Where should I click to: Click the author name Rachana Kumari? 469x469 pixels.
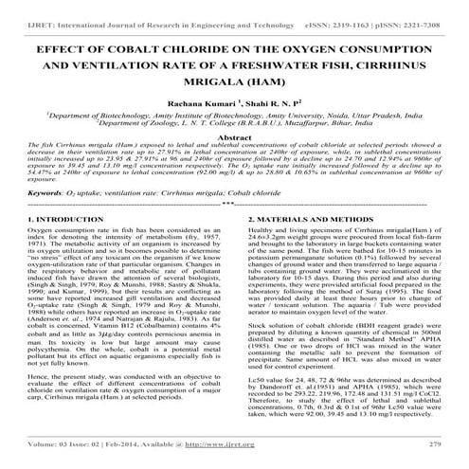(200, 104)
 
